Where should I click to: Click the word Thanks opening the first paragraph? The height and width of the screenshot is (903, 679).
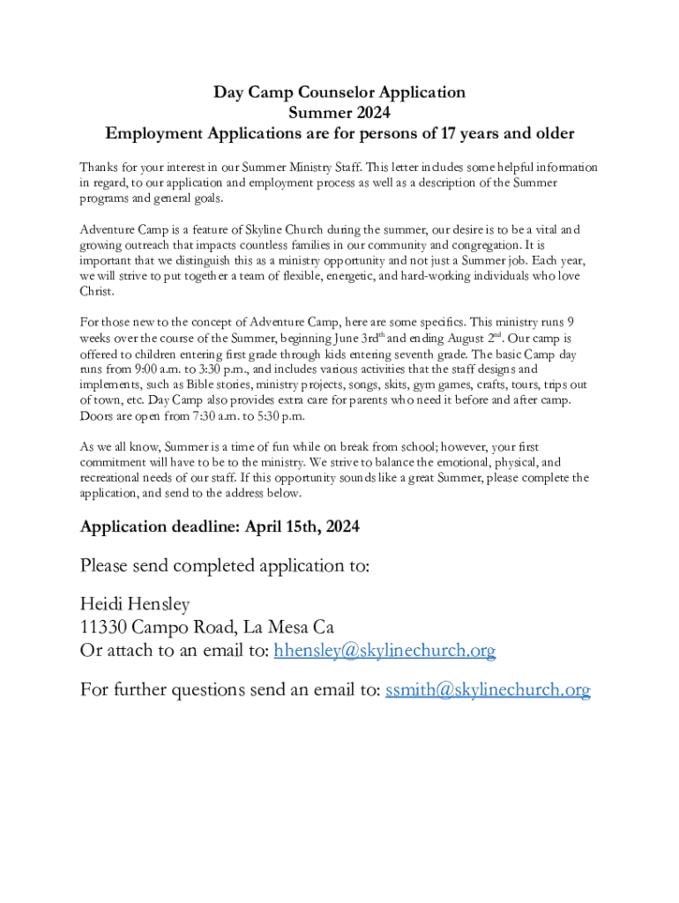click(98, 167)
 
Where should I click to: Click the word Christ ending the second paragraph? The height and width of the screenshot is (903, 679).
click(97, 291)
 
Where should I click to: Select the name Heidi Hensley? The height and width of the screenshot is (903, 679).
click(135, 604)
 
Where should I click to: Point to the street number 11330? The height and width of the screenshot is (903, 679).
click(106, 628)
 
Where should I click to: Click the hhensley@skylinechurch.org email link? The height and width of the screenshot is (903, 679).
click(384, 651)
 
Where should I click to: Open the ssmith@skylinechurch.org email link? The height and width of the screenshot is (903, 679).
click(488, 690)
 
